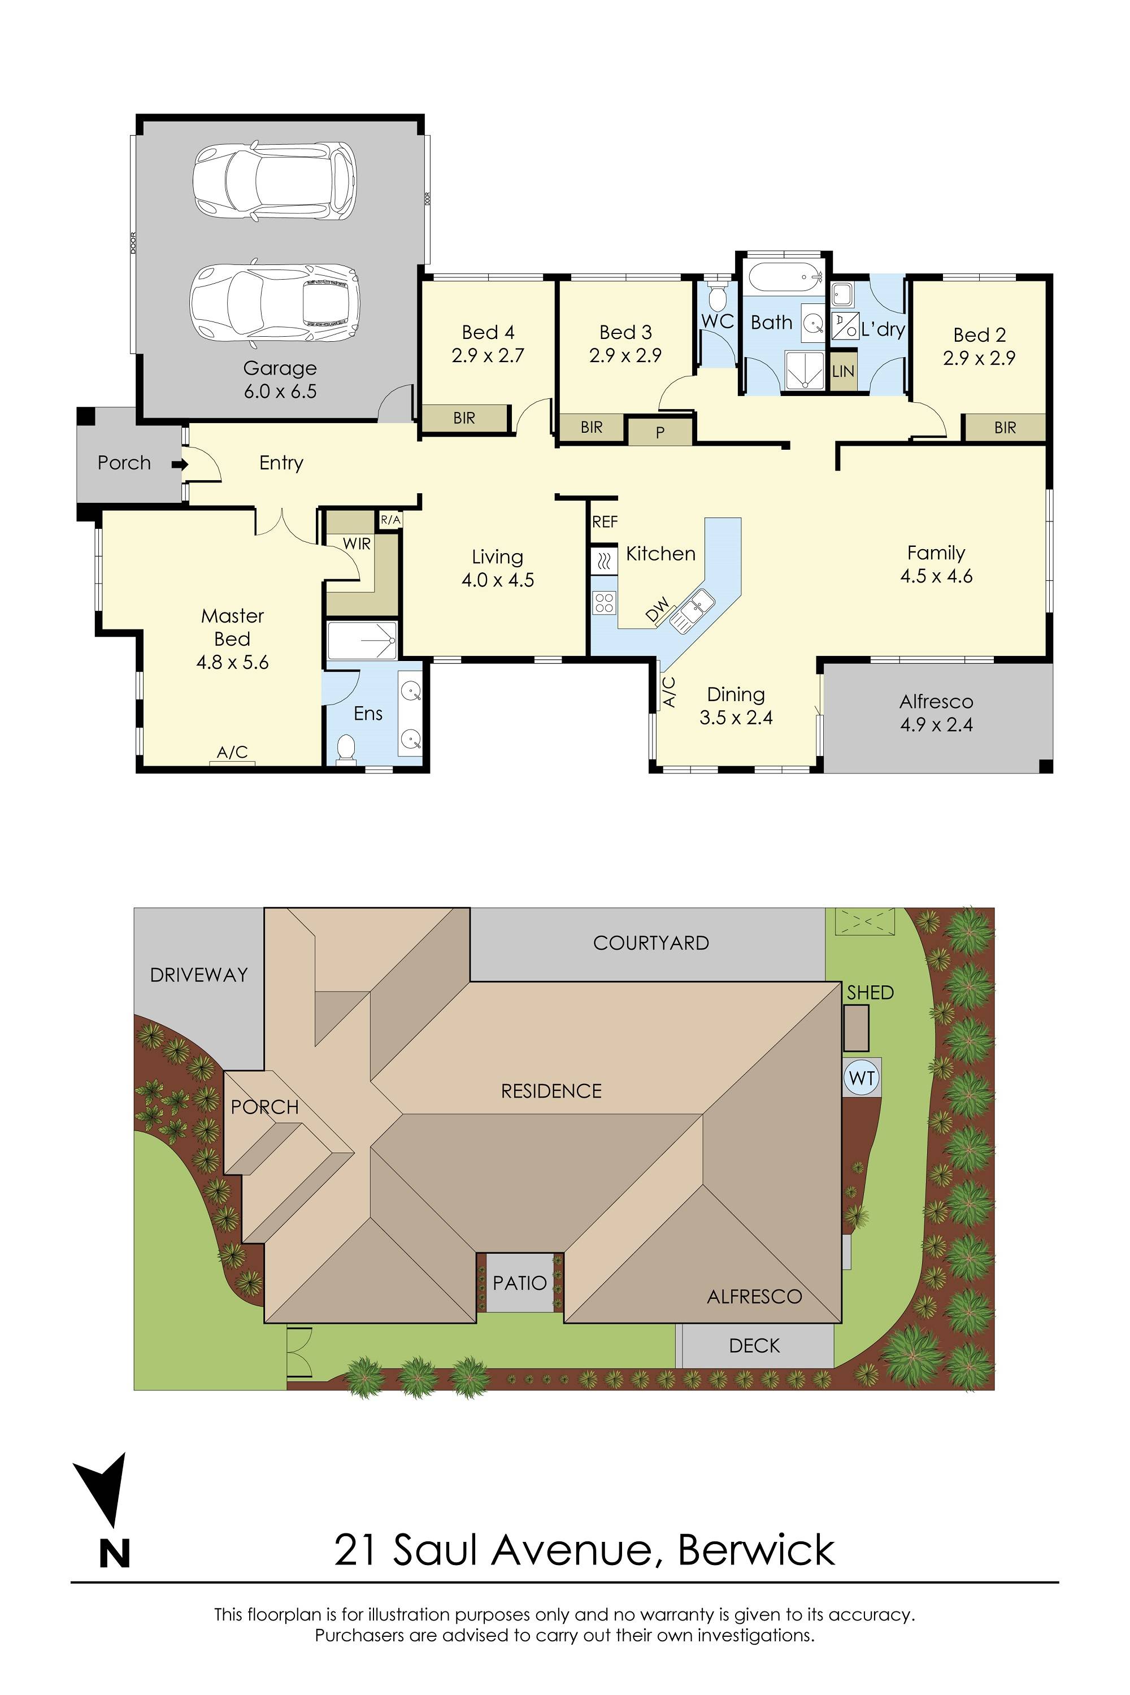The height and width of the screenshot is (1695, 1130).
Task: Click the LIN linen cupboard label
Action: (x=842, y=372)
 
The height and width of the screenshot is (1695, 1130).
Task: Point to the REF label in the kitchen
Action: (x=605, y=521)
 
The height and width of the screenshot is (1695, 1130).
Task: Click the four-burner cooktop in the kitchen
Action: (x=604, y=602)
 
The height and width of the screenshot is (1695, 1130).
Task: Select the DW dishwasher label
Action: (x=657, y=610)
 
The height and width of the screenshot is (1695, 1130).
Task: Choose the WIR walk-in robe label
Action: (x=356, y=544)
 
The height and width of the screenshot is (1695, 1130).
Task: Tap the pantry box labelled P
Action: (x=659, y=432)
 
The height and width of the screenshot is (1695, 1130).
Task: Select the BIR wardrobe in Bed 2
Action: (x=1005, y=427)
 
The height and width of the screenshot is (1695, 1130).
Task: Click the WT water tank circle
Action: (x=862, y=1078)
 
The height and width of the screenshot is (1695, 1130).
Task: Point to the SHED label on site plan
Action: (x=870, y=992)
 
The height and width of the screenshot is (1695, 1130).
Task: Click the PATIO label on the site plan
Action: (x=520, y=1283)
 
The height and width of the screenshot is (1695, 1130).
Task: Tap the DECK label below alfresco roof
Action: (x=754, y=1345)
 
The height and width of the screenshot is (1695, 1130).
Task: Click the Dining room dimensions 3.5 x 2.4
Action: (x=736, y=718)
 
